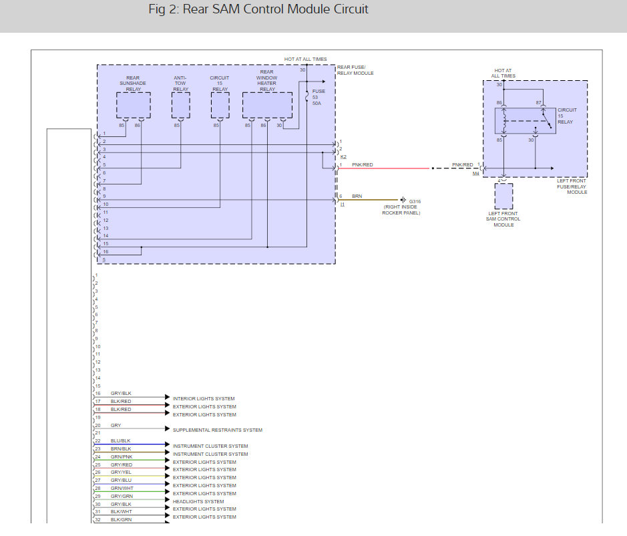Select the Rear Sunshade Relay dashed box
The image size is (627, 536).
[134, 106]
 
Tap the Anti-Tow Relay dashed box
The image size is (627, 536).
[181, 106]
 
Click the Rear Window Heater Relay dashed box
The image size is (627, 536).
[267, 106]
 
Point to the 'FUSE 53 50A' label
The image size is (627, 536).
[319, 98]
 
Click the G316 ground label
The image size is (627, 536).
[415, 201]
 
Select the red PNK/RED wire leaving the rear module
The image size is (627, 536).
[384, 168]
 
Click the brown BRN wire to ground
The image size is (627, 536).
[369, 200]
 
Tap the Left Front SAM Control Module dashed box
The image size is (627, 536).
[503, 196]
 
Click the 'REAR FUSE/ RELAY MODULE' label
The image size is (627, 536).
[355, 70]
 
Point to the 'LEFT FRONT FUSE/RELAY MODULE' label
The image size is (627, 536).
[572, 186]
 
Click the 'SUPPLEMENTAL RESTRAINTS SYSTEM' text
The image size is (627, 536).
[218, 430]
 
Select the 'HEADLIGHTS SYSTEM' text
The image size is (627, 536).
[198, 501]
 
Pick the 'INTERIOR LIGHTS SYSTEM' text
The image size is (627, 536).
[204, 399]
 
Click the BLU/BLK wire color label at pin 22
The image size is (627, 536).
[120, 440]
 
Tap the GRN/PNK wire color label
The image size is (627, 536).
[122, 456]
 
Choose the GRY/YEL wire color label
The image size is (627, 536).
[121, 473]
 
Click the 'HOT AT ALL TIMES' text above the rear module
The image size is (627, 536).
[306, 59]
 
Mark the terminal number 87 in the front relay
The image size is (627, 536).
[539, 103]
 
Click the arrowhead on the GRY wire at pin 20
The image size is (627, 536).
[168, 428]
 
